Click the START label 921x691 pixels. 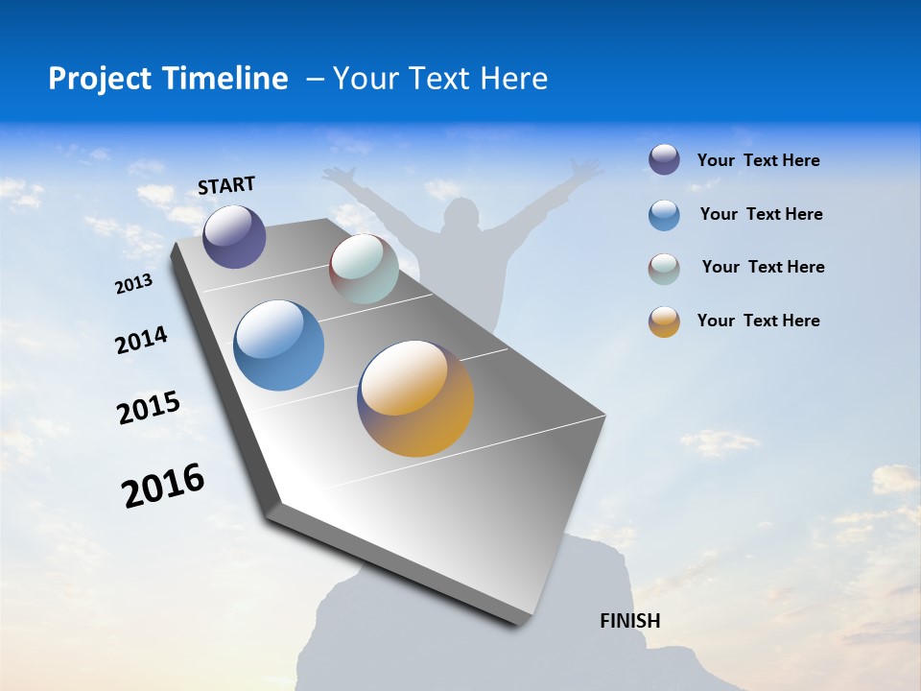coord(226,185)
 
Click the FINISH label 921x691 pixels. coord(630,621)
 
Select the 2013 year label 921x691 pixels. coord(133,284)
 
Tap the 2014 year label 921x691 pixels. coord(141,340)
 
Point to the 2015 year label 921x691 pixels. coord(149,408)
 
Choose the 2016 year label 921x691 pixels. coord(163,486)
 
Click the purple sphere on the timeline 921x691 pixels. coord(234,236)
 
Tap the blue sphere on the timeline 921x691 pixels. coord(279,345)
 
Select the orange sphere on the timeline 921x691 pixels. coord(415,398)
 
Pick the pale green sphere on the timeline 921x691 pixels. coord(364,269)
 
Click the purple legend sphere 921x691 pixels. coord(664,159)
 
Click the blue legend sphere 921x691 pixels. coord(664,215)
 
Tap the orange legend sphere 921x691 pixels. coord(664,322)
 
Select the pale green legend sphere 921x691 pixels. coord(664,269)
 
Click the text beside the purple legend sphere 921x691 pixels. coord(758,161)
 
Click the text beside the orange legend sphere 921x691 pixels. coord(758,321)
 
